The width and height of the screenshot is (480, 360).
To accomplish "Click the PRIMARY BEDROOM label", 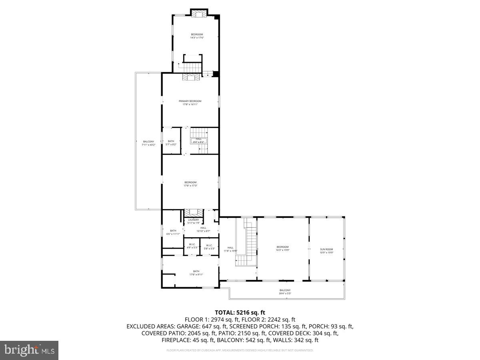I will coord(190,101).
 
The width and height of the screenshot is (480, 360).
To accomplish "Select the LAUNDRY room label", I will coord(193,220).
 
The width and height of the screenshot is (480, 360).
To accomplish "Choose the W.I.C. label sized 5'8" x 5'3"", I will coord(210,246).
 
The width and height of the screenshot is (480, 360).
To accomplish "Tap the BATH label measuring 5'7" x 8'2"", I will coord(171,141).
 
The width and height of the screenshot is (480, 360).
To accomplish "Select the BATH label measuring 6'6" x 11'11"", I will coord(173,231).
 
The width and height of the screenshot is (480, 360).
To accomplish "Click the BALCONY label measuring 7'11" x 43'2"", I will coord(148,142).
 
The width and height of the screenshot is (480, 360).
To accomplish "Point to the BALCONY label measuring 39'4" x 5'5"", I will coord(285,290).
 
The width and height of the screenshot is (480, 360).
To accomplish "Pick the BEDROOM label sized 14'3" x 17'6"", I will coord(197,34).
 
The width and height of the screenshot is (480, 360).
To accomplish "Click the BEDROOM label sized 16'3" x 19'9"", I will coord(282,247).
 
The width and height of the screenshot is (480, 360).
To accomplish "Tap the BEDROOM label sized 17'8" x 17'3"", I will coord(190,182).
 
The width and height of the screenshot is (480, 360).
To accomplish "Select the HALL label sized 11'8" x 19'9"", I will coord(230,248).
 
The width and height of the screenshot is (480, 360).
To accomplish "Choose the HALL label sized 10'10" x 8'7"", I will coord(203,228).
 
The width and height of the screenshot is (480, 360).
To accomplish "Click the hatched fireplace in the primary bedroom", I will coord(191,78).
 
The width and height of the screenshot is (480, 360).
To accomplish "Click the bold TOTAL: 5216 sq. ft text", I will coord(240,312).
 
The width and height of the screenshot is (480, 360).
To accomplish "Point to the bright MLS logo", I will coord(29,350).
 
